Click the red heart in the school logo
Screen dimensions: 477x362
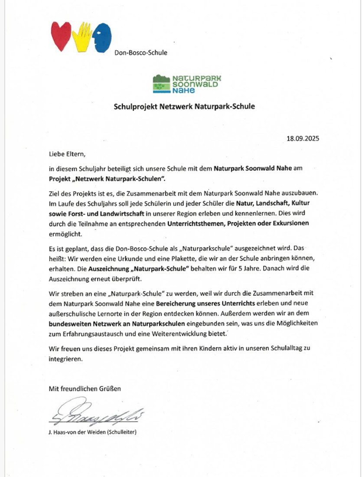(62, 36)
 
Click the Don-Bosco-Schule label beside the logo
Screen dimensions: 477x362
(140, 53)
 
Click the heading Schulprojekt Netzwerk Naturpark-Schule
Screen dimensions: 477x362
(184, 106)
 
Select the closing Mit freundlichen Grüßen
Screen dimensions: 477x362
(85, 389)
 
